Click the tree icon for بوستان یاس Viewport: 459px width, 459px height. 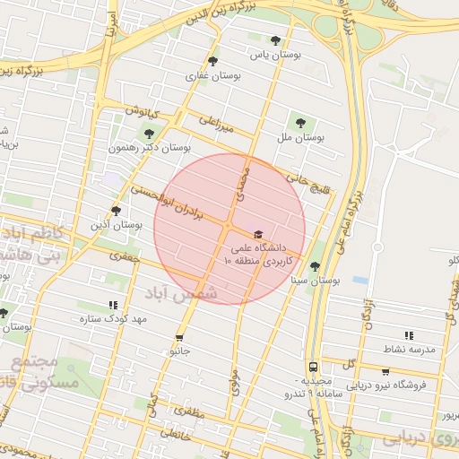[275, 40]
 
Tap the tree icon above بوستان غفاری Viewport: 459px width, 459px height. [212, 61]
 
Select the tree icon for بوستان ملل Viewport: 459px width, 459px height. [299, 123]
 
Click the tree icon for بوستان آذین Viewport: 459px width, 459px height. [116, 210]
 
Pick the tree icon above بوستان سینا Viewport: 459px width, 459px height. [315, 266]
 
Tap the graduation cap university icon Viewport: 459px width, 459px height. [259, 233]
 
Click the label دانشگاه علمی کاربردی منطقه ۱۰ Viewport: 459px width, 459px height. [260, 253]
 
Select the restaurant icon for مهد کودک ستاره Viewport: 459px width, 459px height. [113, 305]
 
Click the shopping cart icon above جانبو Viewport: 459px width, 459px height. [180, 338]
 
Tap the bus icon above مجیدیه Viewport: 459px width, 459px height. [313, 367]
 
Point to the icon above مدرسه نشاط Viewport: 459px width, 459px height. [409, 335]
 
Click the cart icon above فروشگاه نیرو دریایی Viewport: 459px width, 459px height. [385, 372]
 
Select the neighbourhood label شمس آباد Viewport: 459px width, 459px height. [186, 294]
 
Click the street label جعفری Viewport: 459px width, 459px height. [126, 256]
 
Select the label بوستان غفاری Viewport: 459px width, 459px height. [204, 76]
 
